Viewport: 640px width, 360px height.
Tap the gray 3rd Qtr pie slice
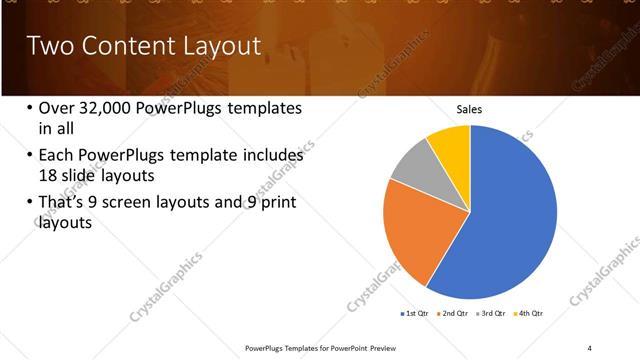click(413, 180)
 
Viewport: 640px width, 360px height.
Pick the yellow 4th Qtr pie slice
click(451, 146)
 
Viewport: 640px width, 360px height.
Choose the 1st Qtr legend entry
click(416, 314)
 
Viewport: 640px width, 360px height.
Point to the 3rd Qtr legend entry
click(493, 314)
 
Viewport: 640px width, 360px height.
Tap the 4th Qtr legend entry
click(529, 314)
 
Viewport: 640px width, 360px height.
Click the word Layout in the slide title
click(215, 46)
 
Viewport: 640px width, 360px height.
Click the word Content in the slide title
click(119, 46)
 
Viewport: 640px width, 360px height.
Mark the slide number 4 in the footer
click(589, 347)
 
